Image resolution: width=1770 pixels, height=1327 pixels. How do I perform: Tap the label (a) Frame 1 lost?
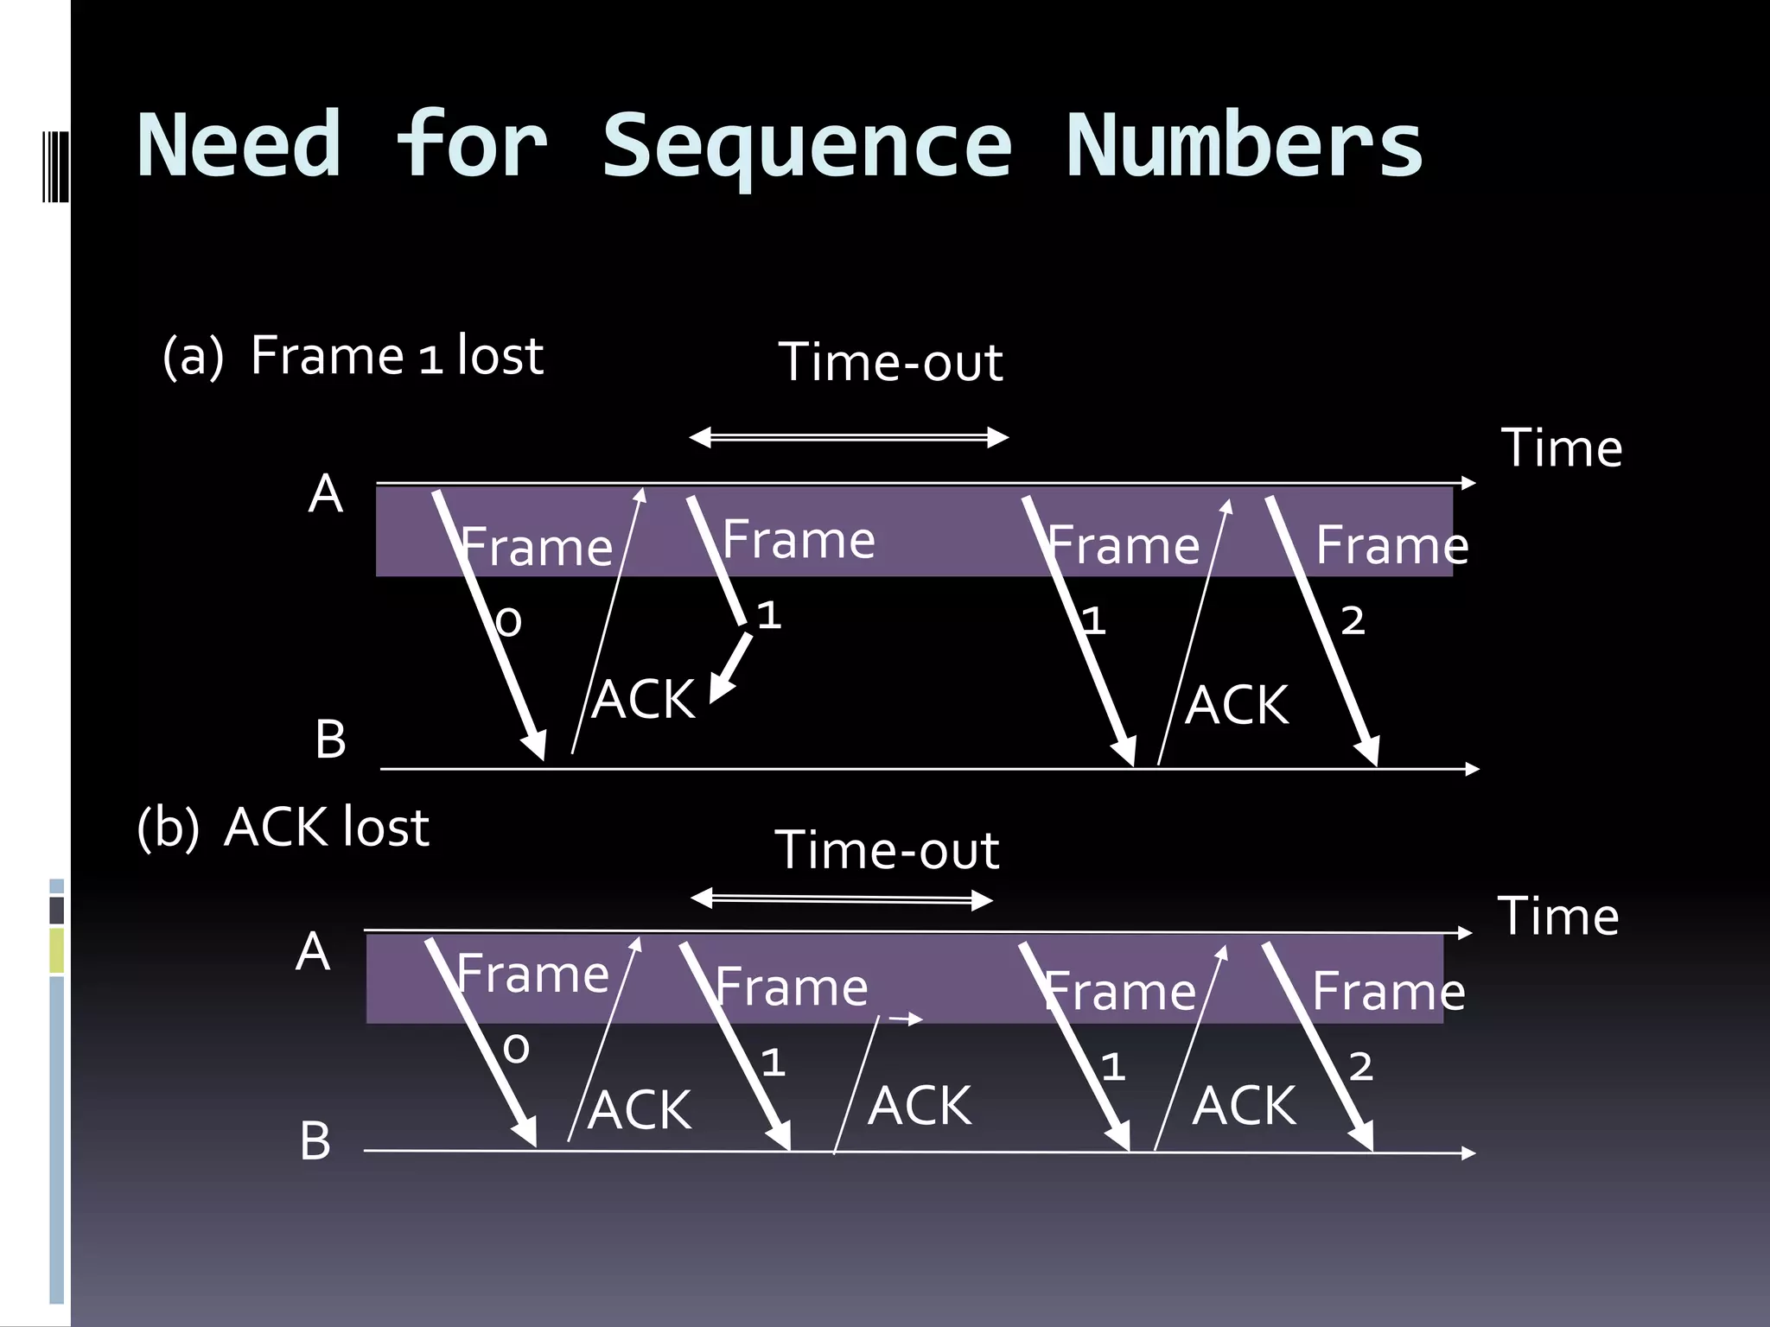pyautogui.click(x=353, y=356)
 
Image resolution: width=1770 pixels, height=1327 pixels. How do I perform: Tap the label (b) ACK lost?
pyautogui.click(x=283, y=828)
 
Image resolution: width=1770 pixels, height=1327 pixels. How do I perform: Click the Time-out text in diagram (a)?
pyautogui.click(x=890, y=362)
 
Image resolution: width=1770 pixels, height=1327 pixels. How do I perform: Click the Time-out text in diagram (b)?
pyautogui.click(x=887, y=850)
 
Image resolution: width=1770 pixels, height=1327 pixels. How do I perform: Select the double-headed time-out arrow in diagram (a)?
pyautogui.click(x=849, y=437)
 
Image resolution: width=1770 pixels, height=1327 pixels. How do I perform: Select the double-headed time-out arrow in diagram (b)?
pyautogui.click(x=842, y=899)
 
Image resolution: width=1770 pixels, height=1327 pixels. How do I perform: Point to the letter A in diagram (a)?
pyautogui.click(x=326, y=494)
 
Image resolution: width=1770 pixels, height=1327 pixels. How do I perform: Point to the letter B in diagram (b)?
pyautogui.click(x=315, y=1140)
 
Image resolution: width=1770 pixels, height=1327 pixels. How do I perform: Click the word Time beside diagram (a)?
pyautogui.click(x=1561, y=448)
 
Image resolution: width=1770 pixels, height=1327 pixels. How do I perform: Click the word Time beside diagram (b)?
pyautogui.click(x=1557, y=917)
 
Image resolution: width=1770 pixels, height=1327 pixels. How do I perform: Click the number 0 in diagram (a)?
pyautogui.click(x=509, y=622)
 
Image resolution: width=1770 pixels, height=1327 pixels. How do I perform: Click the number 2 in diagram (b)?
pyautogui.click(x=1360, y=1067)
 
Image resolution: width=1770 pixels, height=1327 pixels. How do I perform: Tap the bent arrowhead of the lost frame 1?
pyautogui.click(x=722, y=687)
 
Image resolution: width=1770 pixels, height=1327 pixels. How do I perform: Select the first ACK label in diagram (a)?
pyautogui.click(x=645, y=699)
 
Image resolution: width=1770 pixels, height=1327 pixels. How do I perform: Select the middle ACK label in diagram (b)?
pyautogui.click(x=920, y=1106)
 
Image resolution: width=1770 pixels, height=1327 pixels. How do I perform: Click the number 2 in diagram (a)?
pyautogui.click(x=1353, y=620)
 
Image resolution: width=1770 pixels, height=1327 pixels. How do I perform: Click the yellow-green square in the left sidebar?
pyautogui.click(x=56, y=950)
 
